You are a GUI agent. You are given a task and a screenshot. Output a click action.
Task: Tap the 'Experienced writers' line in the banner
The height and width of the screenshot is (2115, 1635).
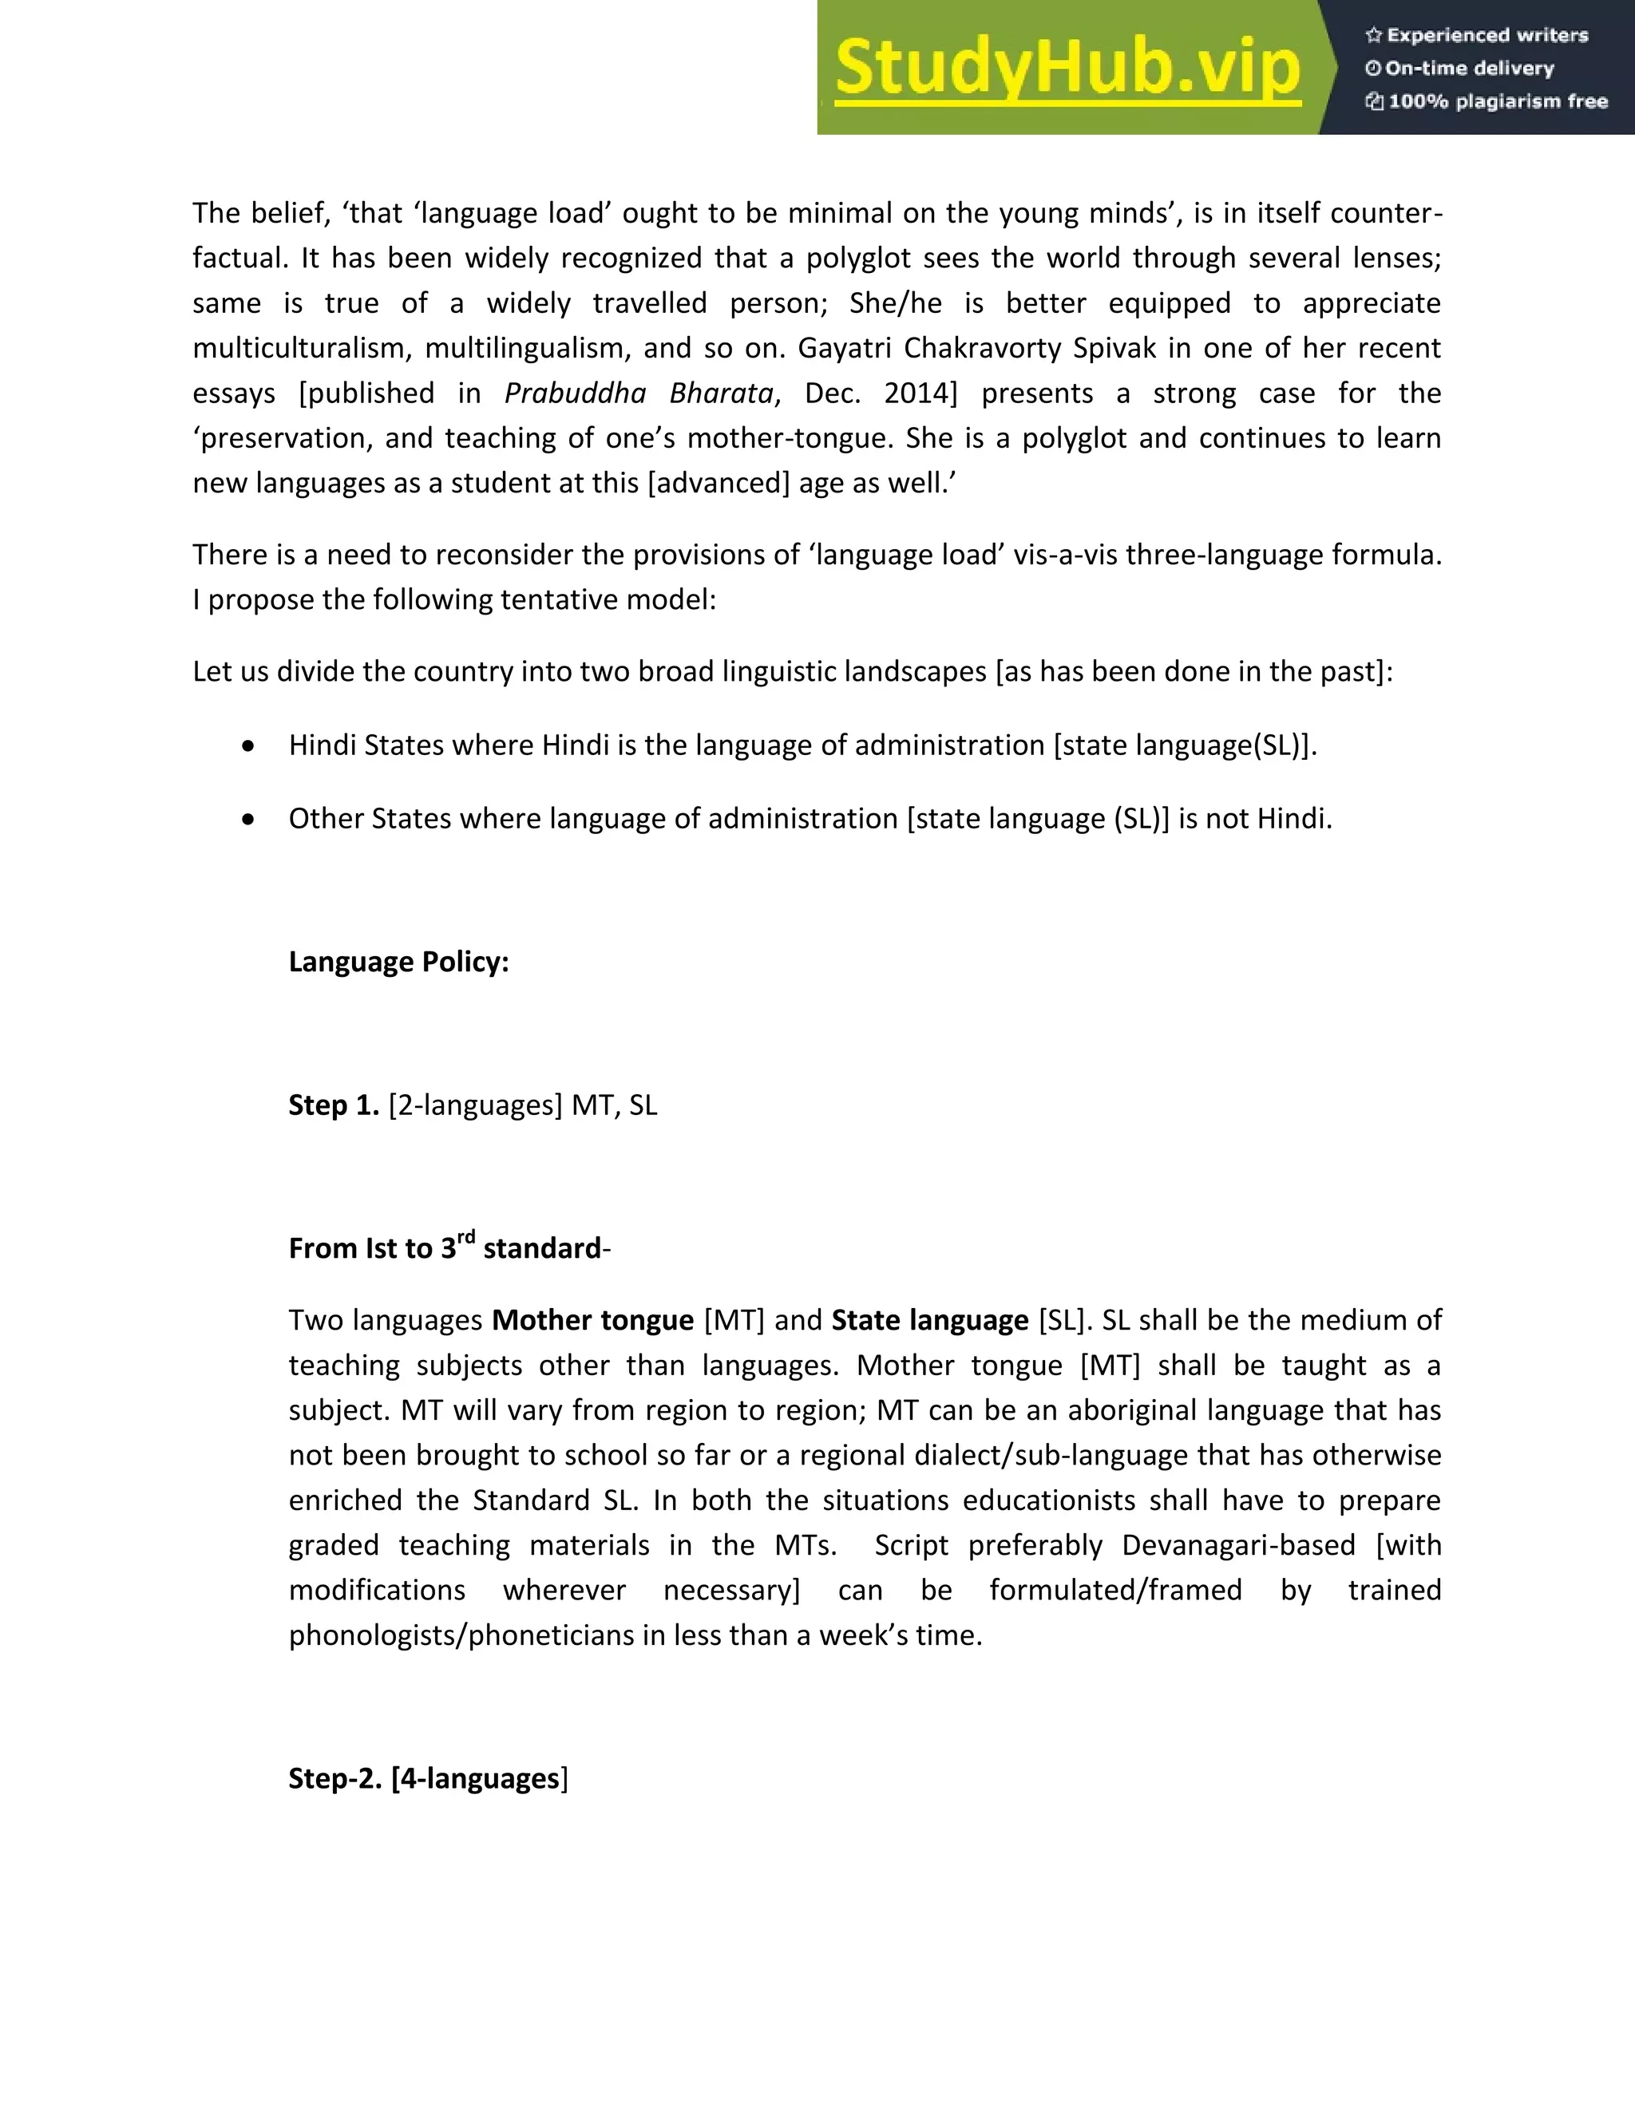pyautogui.click(x=1476, y=36)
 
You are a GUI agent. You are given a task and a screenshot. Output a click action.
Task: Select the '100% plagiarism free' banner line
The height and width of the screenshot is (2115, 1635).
pyautogui.click(x=1486, y=101)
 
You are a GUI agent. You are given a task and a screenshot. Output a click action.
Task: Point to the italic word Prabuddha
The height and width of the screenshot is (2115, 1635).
pyautogui.click(x=576, y=393)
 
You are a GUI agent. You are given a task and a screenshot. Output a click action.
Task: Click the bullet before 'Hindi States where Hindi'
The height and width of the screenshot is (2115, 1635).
pyautogui.click(x=249, y=745)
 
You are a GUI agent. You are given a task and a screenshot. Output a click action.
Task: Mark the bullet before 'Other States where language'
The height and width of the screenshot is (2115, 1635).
pyautogui.click(x=249, y=820)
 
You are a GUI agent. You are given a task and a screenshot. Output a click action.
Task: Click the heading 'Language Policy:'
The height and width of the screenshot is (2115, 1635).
pyautogui.click(x=398, y=962)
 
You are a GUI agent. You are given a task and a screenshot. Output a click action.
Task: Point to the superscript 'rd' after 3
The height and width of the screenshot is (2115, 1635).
pyautogui.click(x=466, y=1236)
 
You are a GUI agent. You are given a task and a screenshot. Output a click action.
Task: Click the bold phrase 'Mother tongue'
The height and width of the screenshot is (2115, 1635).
pyautogui.click(x=593, y=1321)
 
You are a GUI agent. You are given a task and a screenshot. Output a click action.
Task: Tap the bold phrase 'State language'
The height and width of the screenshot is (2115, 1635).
pyautogui.click(x=929, y=1321)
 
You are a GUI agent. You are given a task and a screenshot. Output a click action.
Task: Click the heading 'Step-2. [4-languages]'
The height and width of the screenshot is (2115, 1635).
pyautogui.click(x=427, y=1779)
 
